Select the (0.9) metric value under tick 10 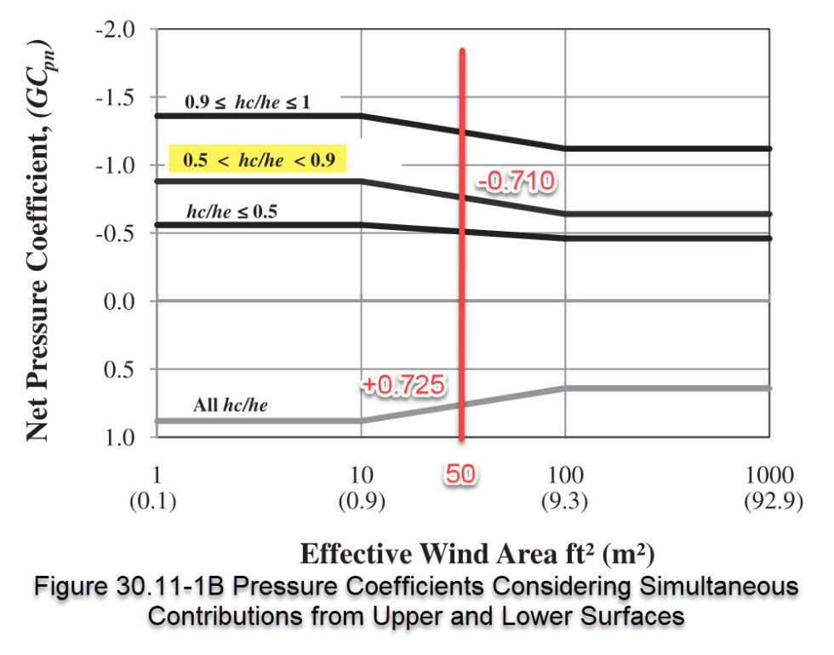click(361, 502)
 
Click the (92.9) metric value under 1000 click(771, 502)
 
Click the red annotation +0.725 click(403, 385)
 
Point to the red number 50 click(461, 474)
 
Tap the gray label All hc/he click(230, 405)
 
